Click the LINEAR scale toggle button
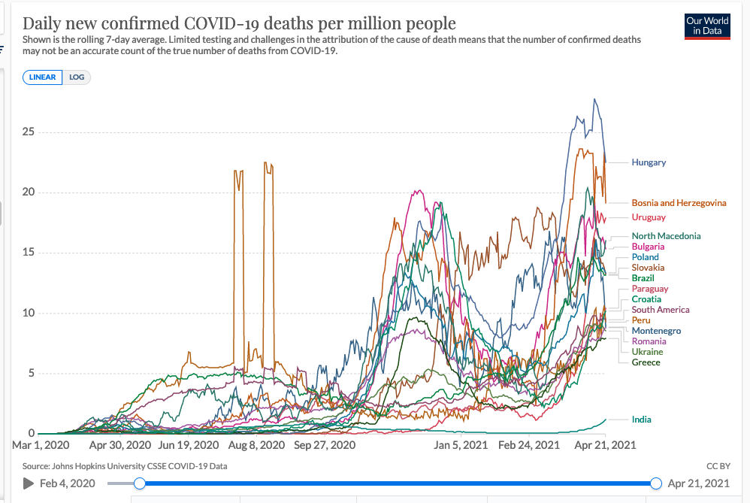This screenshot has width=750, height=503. point(43,77)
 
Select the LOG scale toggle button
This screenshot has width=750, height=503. point(77,77)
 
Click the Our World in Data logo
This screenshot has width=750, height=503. point(707,26)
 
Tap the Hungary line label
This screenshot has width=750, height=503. point(649,162)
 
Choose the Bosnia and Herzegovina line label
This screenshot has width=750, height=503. point(679,203)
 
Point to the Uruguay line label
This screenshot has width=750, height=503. point(649,217)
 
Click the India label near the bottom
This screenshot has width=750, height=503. point(641,420)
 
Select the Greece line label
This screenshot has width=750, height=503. point(646,362)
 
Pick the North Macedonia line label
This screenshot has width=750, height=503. point(666,236)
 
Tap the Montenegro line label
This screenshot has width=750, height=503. point(656,331)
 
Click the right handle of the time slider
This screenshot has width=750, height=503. point(656,483)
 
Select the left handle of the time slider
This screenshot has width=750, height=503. point(139,483)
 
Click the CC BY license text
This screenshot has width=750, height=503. point(718,466)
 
